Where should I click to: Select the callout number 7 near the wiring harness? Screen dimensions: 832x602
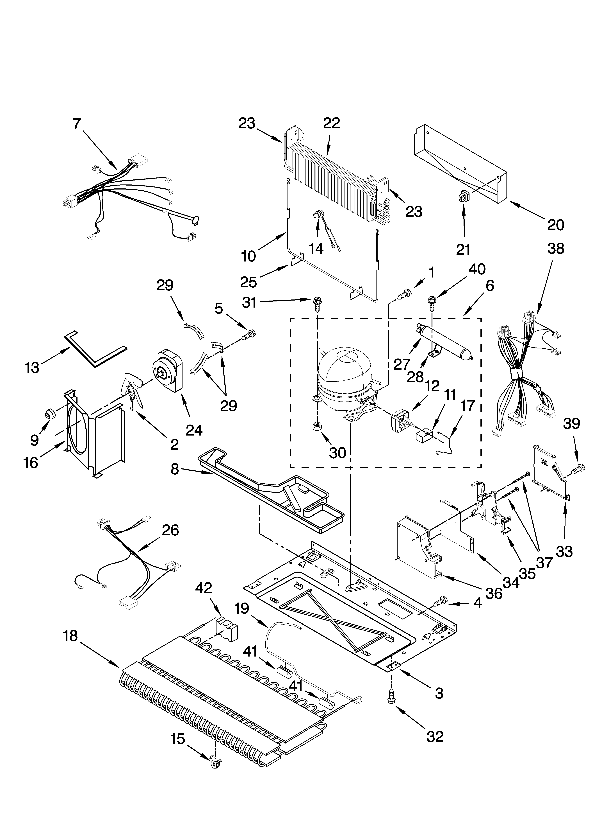click(x=76, y=124)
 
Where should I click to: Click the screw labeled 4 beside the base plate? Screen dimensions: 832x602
click(x=441, y=601)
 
